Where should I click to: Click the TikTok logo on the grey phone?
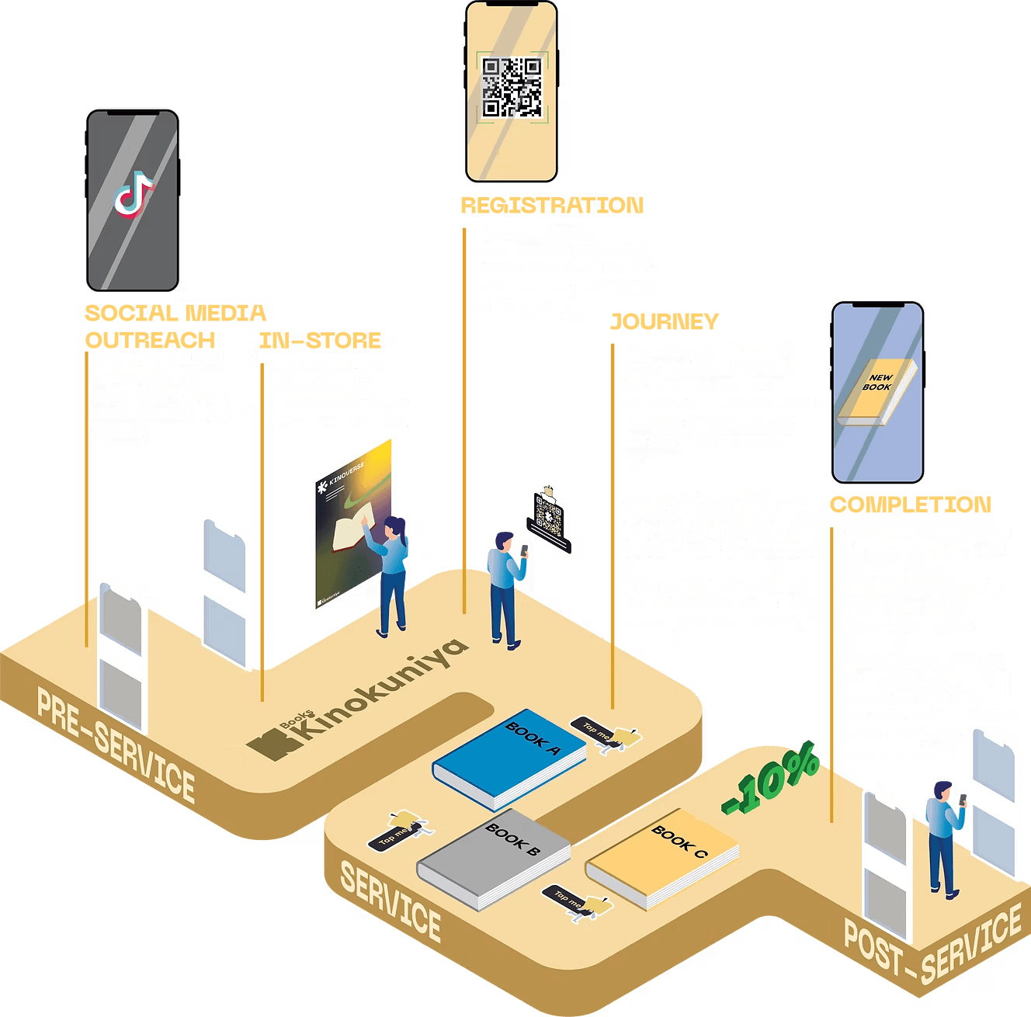pos(134,192)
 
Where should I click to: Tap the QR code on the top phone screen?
pos(512,87)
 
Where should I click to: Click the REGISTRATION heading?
pos(552,205)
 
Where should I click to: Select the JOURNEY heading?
pos(664,321)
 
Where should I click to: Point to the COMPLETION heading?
pos(910,505)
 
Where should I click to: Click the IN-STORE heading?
pos(321,340)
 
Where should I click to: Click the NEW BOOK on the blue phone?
pos(876,391)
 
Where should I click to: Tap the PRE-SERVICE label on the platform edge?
pos(116,745)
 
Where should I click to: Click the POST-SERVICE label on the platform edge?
pos(932,951)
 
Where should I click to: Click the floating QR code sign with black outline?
pos(549,519)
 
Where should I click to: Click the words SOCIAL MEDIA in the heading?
pos(175,313)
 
